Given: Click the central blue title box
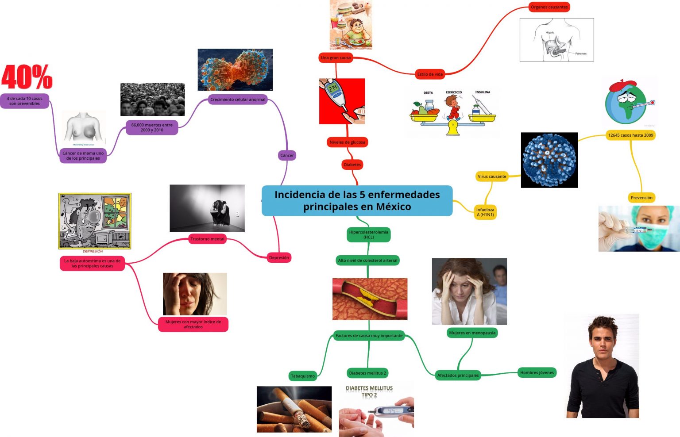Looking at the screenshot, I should tap(357, 200).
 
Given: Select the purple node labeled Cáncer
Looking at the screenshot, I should tap(287, 155).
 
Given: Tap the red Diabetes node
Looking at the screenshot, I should tap(352, 165).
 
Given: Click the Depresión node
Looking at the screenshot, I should tap(279, 257).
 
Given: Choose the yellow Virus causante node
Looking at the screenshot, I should tap(492, 176).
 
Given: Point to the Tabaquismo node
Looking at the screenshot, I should tap(303, 376).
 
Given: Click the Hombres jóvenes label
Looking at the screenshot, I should tap(537, 372).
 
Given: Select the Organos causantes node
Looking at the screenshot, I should tap(549, 7).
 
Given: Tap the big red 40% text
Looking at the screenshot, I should tap(27, 77).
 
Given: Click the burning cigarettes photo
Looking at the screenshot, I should tap(294, 409).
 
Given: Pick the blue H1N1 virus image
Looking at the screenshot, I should tap(549, 160).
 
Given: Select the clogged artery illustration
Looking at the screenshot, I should tap(370, 299).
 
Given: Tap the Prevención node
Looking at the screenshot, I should tap(641, 198).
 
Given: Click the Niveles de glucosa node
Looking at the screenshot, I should tap(348, 142).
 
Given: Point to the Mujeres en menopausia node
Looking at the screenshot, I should tap(472, 333).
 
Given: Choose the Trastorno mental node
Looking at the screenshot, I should tap(207, 239).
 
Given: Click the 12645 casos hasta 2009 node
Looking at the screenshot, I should tap(630, 135).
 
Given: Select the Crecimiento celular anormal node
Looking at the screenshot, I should tap(238, 100).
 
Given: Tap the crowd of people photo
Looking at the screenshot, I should tap(152, 100).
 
